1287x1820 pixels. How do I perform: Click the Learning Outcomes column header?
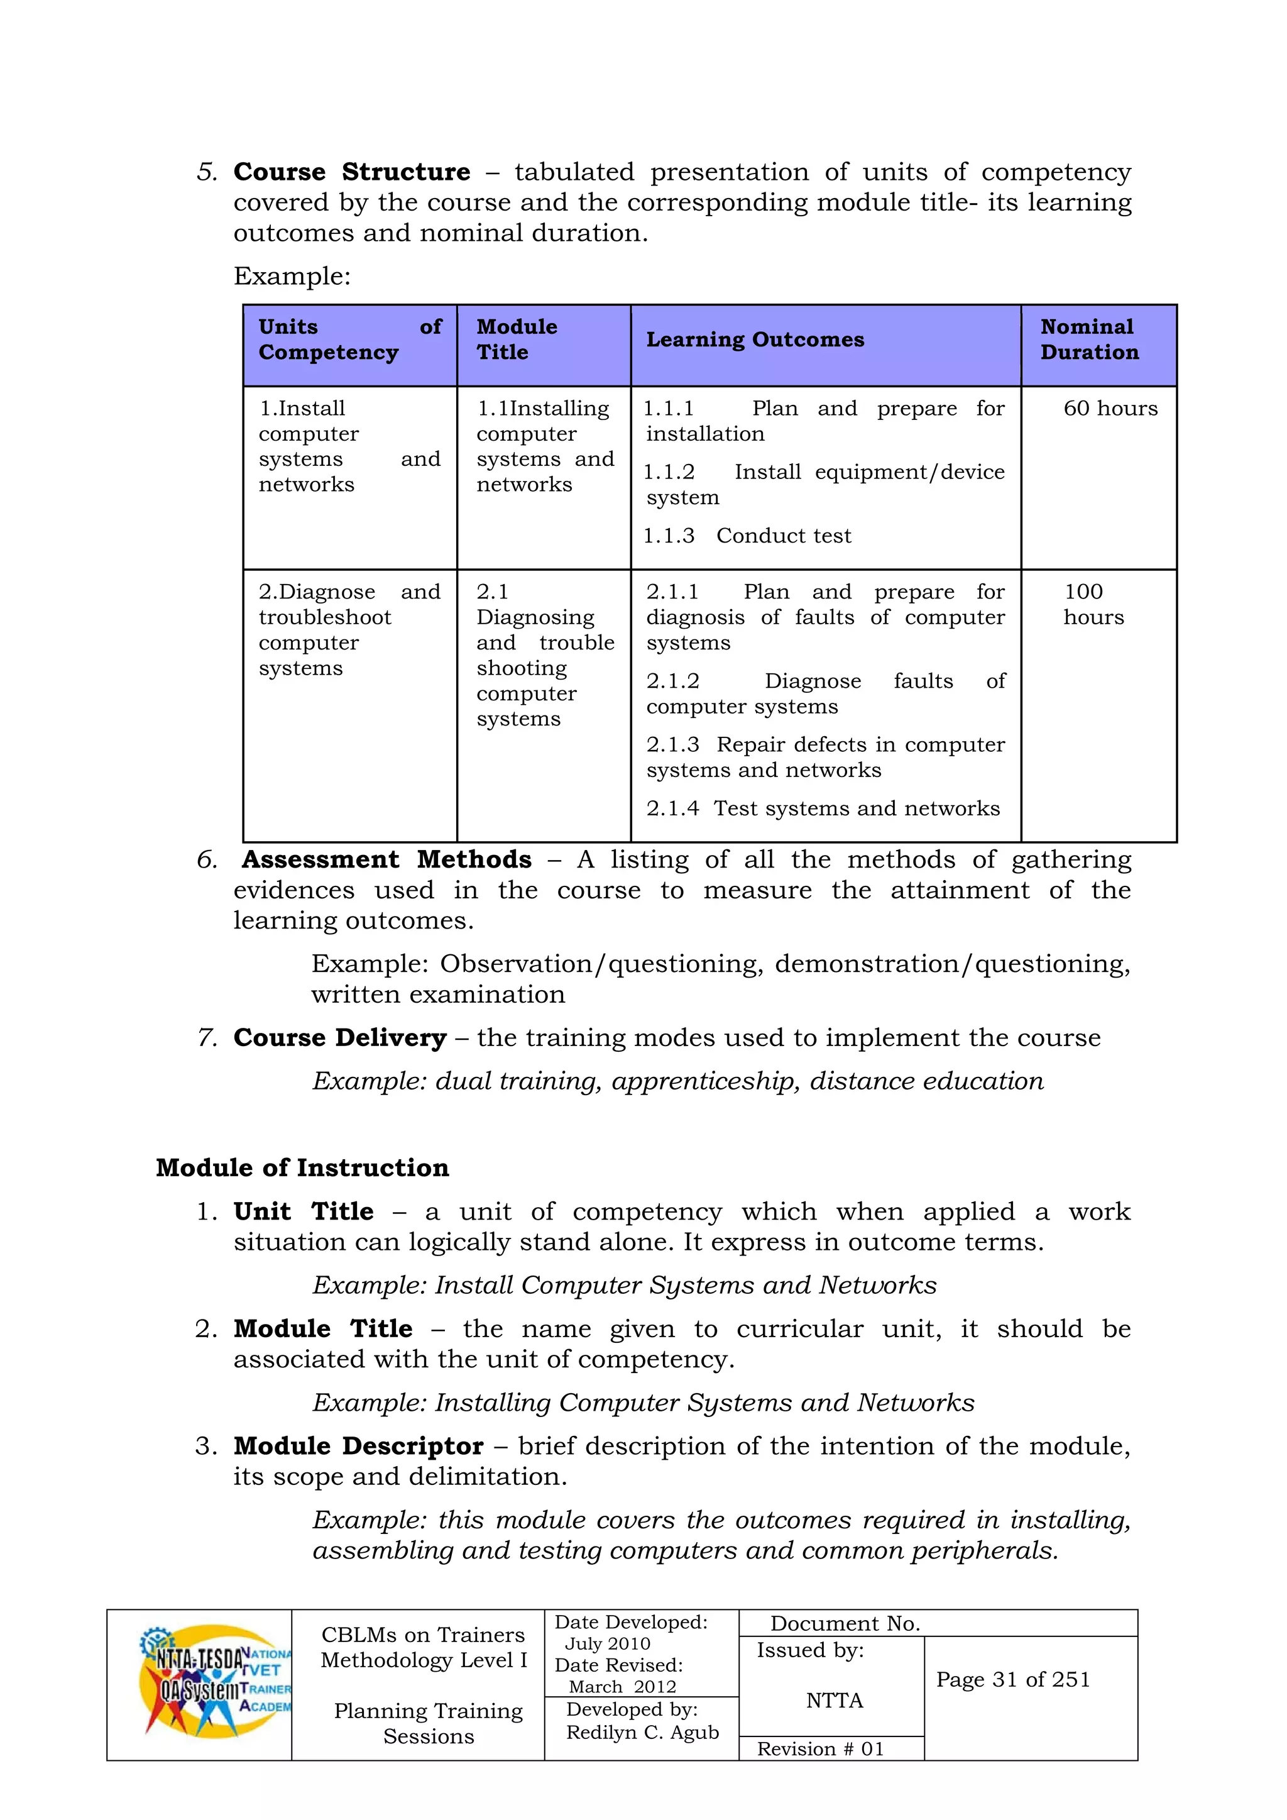(x=755, y=340)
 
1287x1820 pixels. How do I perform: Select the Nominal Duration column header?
(x=1089, y=340)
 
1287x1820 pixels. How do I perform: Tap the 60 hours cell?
(x=1110, y=409)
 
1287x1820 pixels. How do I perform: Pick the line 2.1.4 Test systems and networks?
(x=823, y=809)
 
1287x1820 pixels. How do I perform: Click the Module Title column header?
(x=517, y=340)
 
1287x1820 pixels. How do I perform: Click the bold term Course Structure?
(x=351, y=172)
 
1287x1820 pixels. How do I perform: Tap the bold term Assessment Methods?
(x=386, y=860)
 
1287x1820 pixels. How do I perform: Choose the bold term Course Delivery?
(x=340, y=1039)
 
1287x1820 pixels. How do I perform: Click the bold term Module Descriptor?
(x=358, y=1447)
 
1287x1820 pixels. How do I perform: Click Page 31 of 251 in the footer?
(x=1013, y=1680)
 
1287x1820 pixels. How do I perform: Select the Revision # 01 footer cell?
(x=820, y=1750)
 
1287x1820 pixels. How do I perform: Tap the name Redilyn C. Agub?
(x=642, y=1733)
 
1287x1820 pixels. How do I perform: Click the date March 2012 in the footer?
(x=622, y=1687)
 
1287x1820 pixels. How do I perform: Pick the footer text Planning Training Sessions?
(x=428, y=1724)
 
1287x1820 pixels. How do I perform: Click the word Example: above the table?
(x=292, y=277)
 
